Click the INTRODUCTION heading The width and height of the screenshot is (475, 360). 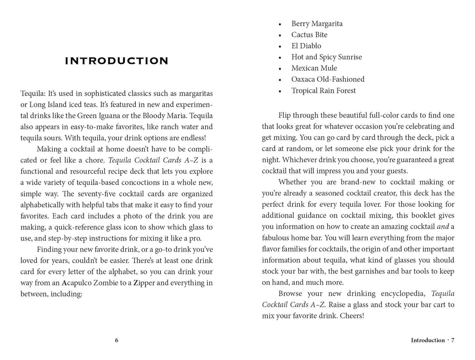[x=117, y=61]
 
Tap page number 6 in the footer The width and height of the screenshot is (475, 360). [x=117, y=340]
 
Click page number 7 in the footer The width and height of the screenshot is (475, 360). [x=453, y=340]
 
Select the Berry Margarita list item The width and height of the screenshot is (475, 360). [x=317, y=24]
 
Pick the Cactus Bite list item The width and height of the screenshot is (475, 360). [x=309, y=35]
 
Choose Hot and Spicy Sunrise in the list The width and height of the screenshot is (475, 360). [x=326, y=57]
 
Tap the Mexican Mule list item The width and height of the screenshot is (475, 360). [x=314, y=68]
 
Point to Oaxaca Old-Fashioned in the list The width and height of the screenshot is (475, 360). [x=328, y=80]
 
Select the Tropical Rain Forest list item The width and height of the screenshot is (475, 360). [x=323, y=91]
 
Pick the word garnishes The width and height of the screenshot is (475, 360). [x=368, y=272]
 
